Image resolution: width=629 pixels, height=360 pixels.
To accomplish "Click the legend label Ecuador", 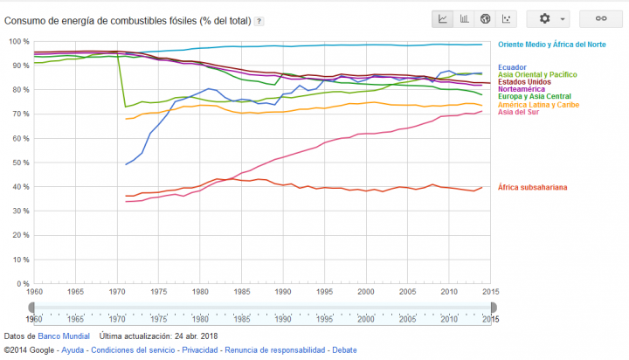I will point(513,67).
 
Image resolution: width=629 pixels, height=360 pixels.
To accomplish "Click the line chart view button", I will point(444,18).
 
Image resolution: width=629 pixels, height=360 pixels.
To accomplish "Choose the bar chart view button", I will point(465,18).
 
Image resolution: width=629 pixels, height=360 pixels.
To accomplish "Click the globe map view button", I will point(486,18).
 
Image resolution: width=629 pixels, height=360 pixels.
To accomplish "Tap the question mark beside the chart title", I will point(259,20).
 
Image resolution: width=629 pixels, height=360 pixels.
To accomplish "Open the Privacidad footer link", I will point(200,350).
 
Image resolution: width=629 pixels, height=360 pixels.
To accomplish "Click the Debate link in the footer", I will point(344,350).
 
